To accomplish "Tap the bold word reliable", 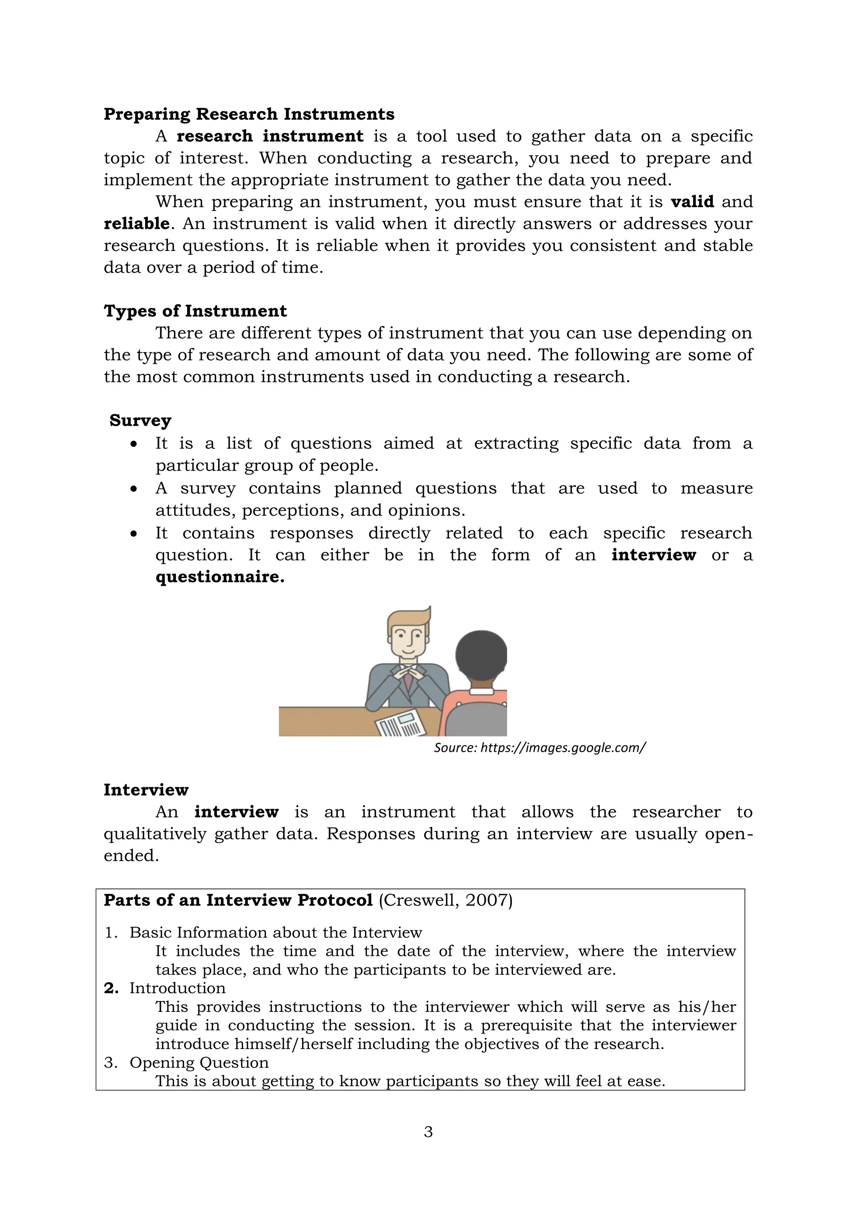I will pyautogui.click(x=136, y=224).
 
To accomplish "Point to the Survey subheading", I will pyautogui.click(x=140, y=420).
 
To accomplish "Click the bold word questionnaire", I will pyautogui.click(x=220, y=576).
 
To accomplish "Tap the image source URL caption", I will pyautogui.click(x=539, y=748).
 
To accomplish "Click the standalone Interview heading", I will pyautogui.click(x=146, y=790).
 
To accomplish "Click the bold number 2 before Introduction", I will pyautogui.click(x=111, y=988).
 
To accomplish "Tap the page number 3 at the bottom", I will pyautogui.click(x=428, y=1132).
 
